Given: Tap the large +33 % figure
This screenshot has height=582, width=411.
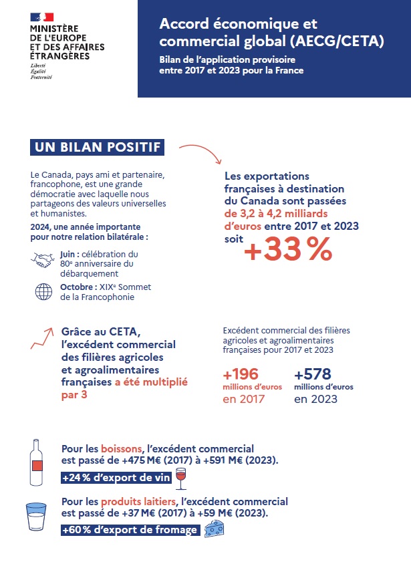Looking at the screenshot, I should click(288, 251).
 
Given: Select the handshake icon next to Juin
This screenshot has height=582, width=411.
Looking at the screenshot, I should click(43, 259).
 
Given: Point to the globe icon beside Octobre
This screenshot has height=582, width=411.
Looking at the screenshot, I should click(43, 291).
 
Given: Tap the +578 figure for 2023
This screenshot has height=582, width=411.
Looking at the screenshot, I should click(313, 374).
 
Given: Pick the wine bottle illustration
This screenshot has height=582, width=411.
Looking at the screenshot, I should click(37, 462).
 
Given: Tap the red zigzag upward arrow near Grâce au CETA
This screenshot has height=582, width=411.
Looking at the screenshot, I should click(42, 338).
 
